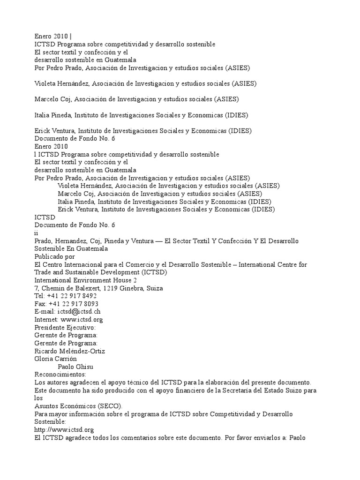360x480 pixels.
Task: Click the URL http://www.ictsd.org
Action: click(64, 430)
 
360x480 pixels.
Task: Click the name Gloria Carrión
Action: click(56, 359)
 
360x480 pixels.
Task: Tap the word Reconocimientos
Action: click(60, 375)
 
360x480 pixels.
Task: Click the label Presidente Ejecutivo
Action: click(65, 328)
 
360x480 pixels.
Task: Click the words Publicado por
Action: click(54, 257)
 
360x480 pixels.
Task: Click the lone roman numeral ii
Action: click(37, 233)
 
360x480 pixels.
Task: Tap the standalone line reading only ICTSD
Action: click(45, 217)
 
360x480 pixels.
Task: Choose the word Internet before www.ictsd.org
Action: click(46, 320)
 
